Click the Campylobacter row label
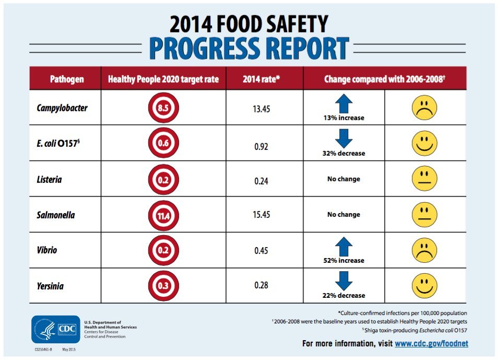(62, 109)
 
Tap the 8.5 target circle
(163, 109)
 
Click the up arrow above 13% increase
(343, 103)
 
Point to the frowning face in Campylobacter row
(424, 108)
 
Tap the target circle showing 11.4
(163, 214)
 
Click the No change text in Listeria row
(343, 179)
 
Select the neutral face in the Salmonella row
(424, 214)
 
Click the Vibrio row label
(47, 250)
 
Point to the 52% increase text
(343, 260)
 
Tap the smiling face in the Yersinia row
(424, 285)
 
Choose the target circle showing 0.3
(163, 286)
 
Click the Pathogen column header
(67, 79)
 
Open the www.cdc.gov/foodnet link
(431, 343)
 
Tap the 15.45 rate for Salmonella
(264, 215)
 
